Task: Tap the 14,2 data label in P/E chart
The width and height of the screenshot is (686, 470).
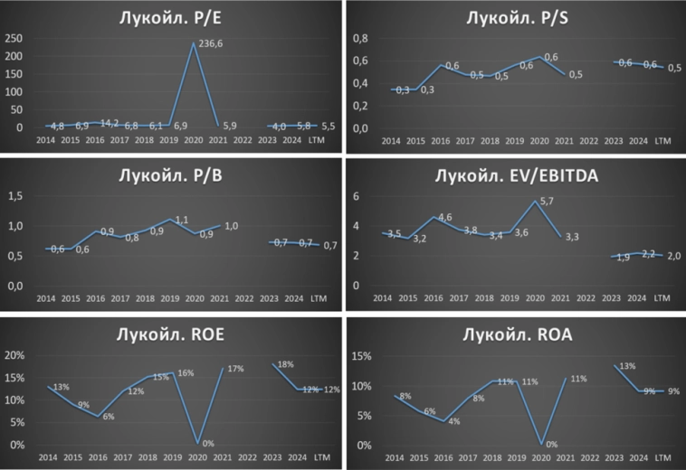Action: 109,123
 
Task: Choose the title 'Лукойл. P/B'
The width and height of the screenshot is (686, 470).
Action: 172,175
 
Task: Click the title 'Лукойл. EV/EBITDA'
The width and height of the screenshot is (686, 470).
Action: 514,175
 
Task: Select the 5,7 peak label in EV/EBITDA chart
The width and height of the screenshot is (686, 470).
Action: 545,202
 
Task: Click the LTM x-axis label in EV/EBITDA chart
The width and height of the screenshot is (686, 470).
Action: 662,298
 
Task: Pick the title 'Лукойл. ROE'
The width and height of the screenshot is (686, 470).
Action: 172,334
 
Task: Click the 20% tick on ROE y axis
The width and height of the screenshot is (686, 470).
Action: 17,355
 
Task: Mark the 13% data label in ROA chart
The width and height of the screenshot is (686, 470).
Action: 627,367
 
